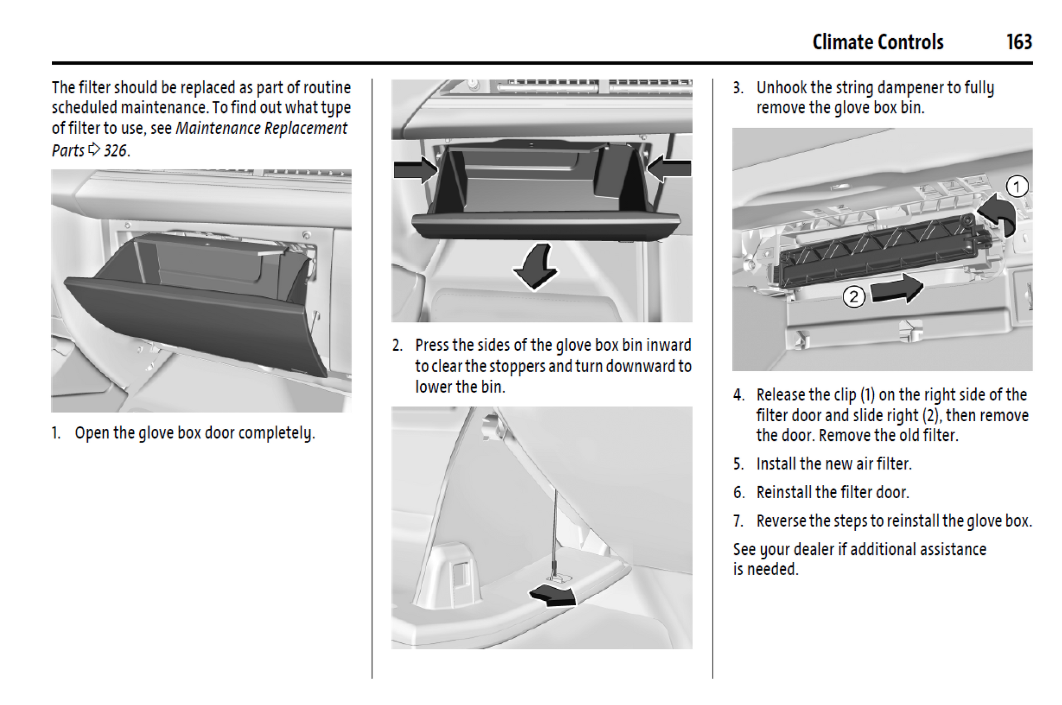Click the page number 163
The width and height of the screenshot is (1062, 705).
tap(1018, 42)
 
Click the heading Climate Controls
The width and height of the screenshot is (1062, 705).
tap(877, 42)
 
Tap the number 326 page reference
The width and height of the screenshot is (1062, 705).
tap(115, 150)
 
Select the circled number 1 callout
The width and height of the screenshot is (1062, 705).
tap(1016, 187)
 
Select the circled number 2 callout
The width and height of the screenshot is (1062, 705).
tap(854, 297)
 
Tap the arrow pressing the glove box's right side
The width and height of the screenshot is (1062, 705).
tap(669, 168)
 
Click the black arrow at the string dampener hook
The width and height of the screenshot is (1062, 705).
tap(553, 595)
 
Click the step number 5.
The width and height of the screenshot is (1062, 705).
tap(738, 464)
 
